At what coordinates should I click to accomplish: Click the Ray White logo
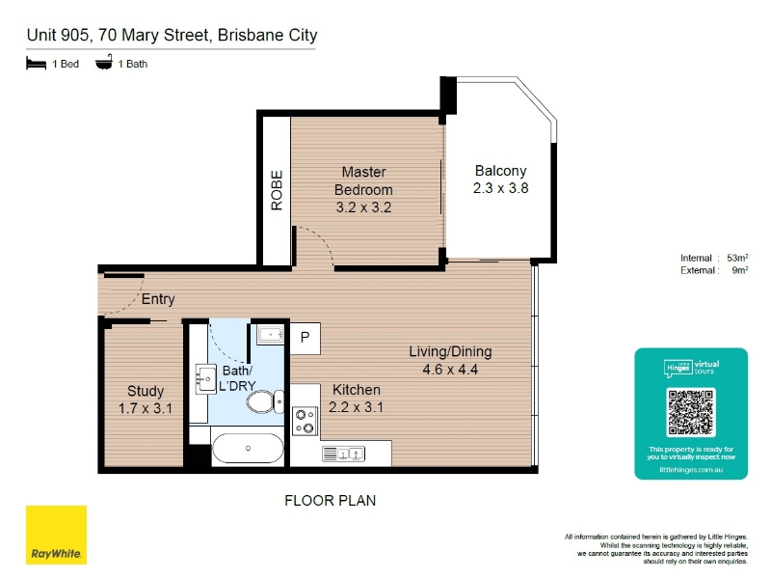pos(56,535)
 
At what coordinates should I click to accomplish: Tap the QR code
pos(691,412)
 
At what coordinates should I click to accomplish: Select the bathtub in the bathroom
pos(248,448)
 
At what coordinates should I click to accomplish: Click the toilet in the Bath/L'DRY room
pos(265,401)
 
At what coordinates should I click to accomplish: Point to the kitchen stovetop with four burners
pos(306,421)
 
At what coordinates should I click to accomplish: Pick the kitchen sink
pos(343,454)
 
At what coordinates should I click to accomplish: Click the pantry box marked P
pos(306,338)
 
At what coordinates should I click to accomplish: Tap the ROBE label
pos(277,190)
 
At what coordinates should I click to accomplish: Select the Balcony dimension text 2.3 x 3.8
pos(500,188)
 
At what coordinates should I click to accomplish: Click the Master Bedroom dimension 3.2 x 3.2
pos(364,207)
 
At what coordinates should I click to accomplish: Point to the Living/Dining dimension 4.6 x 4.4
pos(450,370)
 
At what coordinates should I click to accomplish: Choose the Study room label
pos(146,391)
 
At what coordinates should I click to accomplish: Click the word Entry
pos(158,299)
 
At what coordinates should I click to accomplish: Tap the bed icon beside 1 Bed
pos(36,64)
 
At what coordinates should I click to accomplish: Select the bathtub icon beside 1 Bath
pos(104,63)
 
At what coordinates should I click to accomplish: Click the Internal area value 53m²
pos(737,258)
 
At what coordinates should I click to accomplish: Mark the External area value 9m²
pos(740,270)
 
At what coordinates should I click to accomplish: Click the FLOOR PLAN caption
pos(330,501)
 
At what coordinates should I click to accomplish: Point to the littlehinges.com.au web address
pos(691,470)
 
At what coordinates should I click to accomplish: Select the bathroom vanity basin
pos(206,379)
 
